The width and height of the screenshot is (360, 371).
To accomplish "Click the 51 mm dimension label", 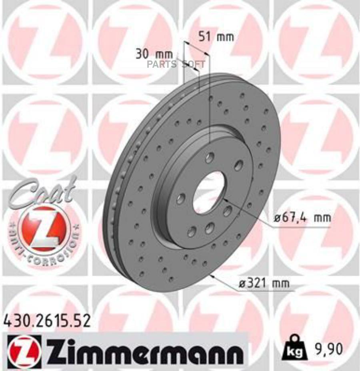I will point(216,37).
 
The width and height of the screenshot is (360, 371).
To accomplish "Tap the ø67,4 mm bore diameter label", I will point(302,218).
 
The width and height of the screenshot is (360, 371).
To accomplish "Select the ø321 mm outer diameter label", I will point(263,283).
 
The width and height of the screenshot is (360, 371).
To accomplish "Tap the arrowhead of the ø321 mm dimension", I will point(213,275).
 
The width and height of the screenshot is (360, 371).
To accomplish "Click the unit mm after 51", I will point(225,37).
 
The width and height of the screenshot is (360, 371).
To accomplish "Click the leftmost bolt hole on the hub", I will point(181,198).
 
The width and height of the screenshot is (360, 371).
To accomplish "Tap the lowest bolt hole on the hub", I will point(192,231).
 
